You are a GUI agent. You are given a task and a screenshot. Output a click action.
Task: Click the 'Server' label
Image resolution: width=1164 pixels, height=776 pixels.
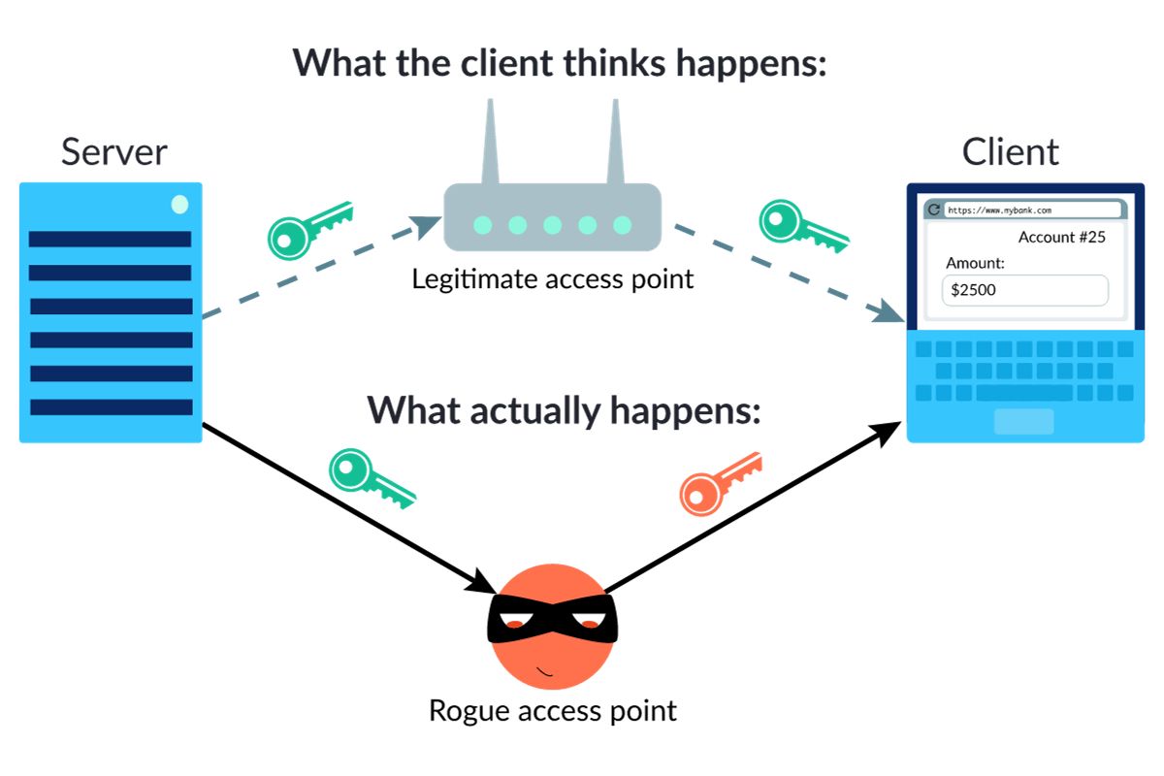point(113,152)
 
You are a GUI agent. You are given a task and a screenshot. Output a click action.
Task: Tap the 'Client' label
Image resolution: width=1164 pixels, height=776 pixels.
point(1010,152)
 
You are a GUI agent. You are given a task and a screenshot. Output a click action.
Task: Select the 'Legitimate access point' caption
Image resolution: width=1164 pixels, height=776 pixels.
point(553,279)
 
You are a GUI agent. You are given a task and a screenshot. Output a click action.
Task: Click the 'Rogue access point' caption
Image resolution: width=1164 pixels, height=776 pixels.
point(552,710)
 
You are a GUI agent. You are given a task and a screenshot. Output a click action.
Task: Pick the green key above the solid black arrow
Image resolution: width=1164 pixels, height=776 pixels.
point(370,476)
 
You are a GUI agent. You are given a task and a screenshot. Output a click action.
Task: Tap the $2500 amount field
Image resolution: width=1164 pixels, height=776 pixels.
point(1024,290)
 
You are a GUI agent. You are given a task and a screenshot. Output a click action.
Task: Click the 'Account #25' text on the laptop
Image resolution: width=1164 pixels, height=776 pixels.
point(1061,238)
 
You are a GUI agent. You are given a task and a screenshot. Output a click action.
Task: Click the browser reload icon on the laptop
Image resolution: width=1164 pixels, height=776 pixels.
point(935,210)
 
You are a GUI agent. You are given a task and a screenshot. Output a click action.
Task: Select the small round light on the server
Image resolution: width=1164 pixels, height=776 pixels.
point(179,205)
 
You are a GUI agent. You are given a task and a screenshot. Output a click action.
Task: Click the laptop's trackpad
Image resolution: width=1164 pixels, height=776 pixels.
point(1023,421)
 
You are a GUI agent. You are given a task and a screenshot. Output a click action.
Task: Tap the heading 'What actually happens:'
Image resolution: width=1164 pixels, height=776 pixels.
point(563,410)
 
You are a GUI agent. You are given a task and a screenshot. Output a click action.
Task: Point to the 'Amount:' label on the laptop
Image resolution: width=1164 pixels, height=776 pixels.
point(975,263)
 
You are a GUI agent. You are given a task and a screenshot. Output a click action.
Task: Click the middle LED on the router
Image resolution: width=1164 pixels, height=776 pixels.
point(552,225)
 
